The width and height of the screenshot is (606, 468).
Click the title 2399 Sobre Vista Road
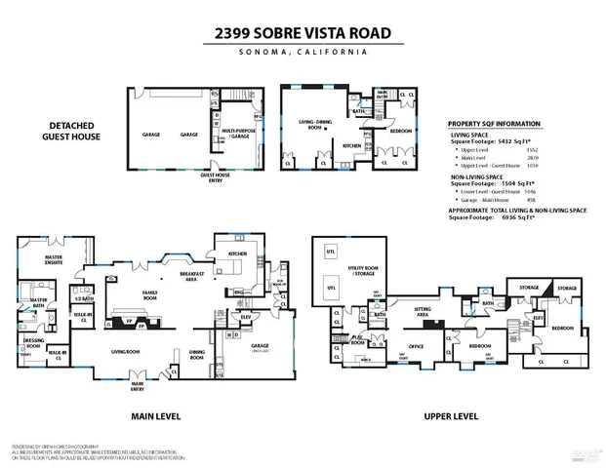point(303,33)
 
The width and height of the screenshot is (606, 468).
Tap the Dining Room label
point(196,357)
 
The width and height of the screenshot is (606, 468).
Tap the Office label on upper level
point(415,346)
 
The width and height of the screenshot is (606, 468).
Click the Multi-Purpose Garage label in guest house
point(239,134)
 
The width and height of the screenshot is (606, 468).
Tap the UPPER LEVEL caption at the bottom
point(450,415)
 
